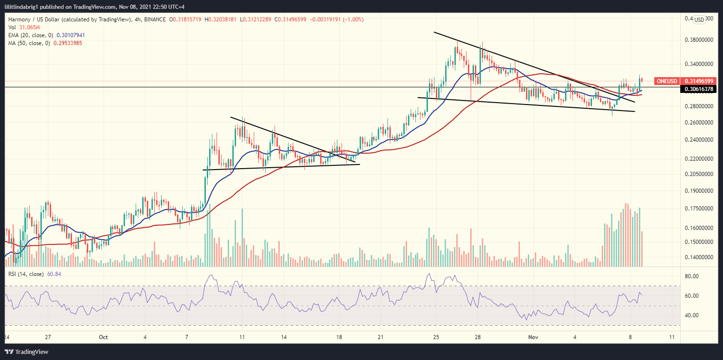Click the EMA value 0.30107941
point(71,35)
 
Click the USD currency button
point(698,20)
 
